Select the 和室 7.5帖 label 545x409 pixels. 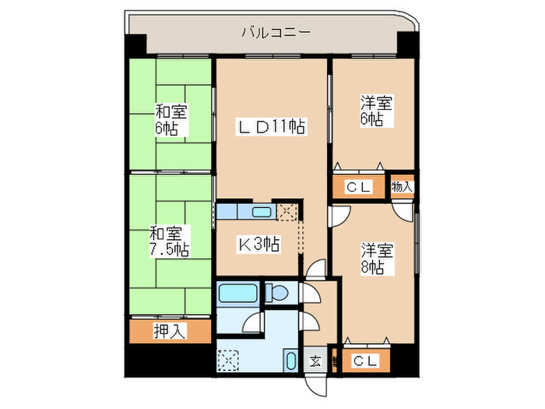tap(168, 241)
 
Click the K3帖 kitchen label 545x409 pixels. tap(258, 245)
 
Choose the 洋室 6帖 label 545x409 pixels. tap(375, 111)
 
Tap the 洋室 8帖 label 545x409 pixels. tap(375, 259)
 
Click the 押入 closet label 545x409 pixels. tap(169, 332)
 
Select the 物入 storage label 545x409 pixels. tap(402, 187)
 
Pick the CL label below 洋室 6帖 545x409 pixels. tap(359, 187)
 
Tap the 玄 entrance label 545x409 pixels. tap(315, 361)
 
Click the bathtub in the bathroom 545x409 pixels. tap(237, 294)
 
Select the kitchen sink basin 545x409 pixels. tap(262, 211)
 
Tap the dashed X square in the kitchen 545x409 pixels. tap(288, 211)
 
